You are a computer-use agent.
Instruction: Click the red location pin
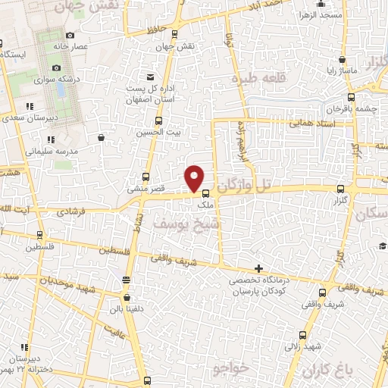(x=195, y=177)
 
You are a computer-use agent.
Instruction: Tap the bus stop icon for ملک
(x=206, y=193)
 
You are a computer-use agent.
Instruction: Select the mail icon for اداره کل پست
(x=150, y=78)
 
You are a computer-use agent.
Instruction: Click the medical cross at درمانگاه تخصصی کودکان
(x=259, y=268)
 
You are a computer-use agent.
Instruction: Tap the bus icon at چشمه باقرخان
(x=351, y=96)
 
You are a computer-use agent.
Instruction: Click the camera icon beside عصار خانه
(x=70, y=36)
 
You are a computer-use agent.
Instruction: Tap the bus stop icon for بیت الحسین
(x=158, y=120)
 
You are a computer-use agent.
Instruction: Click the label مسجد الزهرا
(x=318, y=16)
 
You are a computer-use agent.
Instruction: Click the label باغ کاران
(x=327, y=371)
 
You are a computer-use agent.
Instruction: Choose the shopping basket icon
(x=102, y=137)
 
